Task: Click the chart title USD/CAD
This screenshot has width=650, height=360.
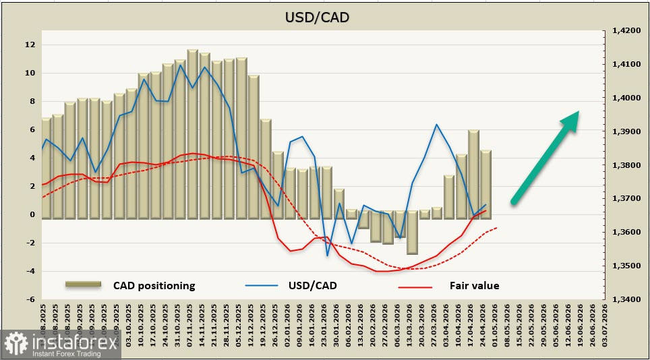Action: pyautogui.click(x=317, y=17)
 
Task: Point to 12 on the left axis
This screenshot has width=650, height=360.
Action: pyautogui.click(x=29, y=44)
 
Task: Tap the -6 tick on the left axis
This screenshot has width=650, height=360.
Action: pyautogui.click(x=29, y=299)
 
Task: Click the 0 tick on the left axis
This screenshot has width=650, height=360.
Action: pyautogui.click(x=31, y=214)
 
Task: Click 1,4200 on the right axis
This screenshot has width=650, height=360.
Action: pyautogui.click(x=624, y=31)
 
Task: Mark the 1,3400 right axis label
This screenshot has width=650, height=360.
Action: pyautogui.click(x=624, y=299)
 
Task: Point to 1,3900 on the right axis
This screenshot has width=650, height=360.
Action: pyautogui.click(x=624, y=131)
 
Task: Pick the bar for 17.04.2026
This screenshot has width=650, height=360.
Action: pyautogui.click(x=473, y=174)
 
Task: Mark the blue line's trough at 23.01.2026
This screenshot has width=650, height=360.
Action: pyautogui.click(x=327, y=256)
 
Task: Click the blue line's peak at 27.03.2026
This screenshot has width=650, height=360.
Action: pyautogui.click(x=437, y=125)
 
